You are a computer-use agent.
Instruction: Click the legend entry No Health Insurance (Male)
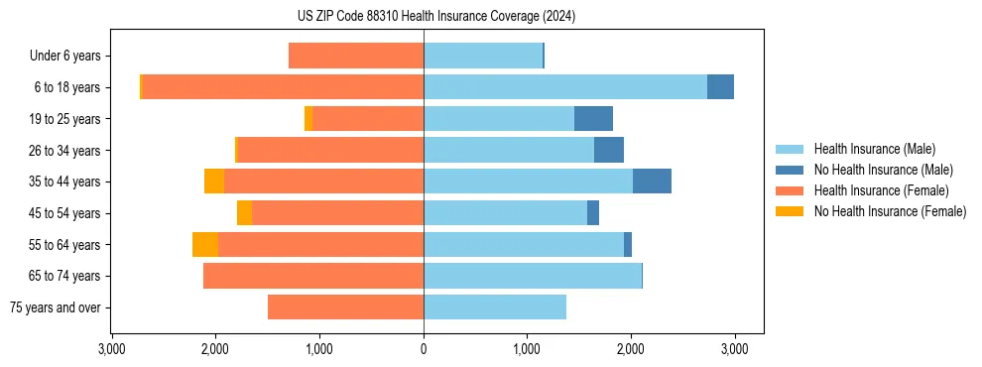click(883, 170)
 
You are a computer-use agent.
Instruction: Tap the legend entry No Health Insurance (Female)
click(890, 211)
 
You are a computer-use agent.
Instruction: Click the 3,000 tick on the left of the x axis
click(112, 349)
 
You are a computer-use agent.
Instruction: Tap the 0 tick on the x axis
click(424, 349)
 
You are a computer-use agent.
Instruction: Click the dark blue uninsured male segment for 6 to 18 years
click(720, 87)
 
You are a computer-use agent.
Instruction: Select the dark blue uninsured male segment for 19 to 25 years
click(593, 119)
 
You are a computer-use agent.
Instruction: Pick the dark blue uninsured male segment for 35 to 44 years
click(652, 182)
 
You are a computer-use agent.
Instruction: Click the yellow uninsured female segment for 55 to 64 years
click(205, 245)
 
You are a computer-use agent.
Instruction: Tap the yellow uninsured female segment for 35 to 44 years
click(214, 182)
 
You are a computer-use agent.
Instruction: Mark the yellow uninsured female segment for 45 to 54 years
click(244, 213)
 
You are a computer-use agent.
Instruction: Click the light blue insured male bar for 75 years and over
click(495, 307)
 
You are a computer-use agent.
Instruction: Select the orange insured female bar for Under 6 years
click(356, 57)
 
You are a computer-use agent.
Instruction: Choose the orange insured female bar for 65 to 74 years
click(313, 276)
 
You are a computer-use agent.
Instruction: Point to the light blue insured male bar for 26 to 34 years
click(509, 150)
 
